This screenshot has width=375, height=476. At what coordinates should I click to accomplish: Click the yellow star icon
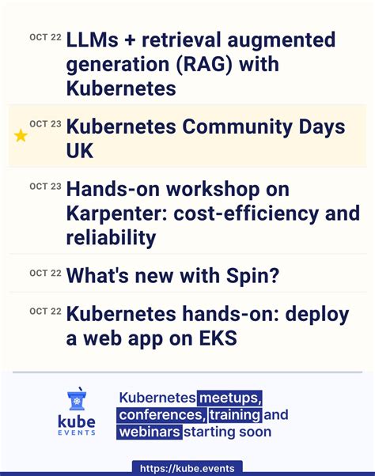click(21, 136)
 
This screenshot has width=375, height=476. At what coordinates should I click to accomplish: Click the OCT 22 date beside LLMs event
click(45, 37)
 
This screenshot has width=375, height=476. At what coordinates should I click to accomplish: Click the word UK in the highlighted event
click(81, 151)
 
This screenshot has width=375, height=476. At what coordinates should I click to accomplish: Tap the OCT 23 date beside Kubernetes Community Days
click(45, 124)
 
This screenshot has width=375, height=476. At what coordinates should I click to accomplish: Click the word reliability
click(111, 237)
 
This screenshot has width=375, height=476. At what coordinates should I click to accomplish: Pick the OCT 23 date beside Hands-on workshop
click(45, 187)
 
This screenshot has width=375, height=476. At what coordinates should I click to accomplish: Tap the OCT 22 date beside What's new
click(45, 273)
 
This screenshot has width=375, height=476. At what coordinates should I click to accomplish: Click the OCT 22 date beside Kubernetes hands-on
click(45, 312)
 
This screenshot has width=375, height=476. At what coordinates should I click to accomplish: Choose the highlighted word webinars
click(150, 432)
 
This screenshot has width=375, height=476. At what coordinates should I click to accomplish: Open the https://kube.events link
click(187, 468)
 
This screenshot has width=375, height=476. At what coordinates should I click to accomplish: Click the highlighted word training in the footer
click(234, 415)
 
